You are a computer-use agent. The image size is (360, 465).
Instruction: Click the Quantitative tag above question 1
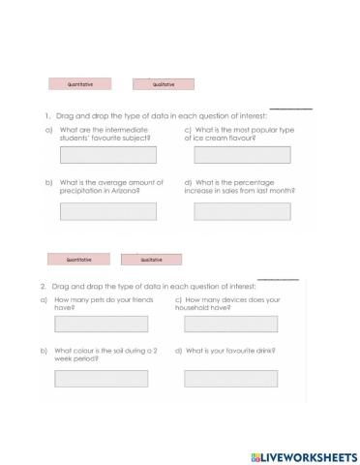coord(79,84)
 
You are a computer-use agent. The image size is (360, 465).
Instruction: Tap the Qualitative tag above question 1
coord(163,84)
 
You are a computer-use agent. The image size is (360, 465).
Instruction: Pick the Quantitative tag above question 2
coord(78,259)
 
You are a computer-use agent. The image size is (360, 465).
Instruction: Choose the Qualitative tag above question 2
coord(151,260)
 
